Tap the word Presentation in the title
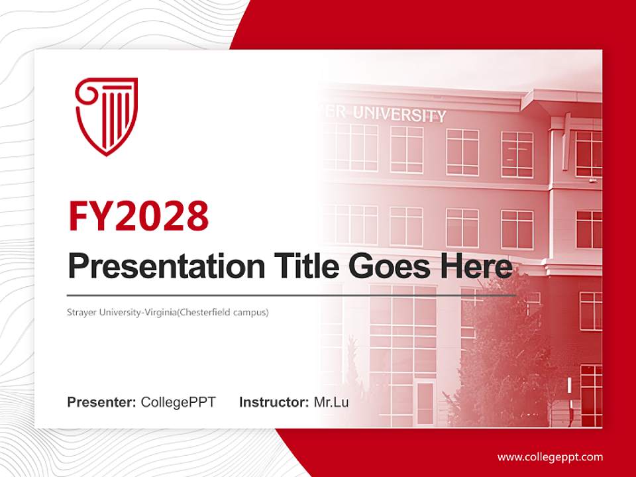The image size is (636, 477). click(157, 267)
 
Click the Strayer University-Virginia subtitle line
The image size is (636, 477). click(168, 311)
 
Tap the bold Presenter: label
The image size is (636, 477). click(102, 402)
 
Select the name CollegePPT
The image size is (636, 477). click(178, 402)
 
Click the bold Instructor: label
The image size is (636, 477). click(274, 402)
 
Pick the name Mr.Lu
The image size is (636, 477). click(331, 402)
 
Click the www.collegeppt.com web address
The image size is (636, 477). click(550, 456)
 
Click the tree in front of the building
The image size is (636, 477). click(503, 358)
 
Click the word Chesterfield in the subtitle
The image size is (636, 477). click(205, 311)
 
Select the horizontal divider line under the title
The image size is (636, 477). click(291, 295)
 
